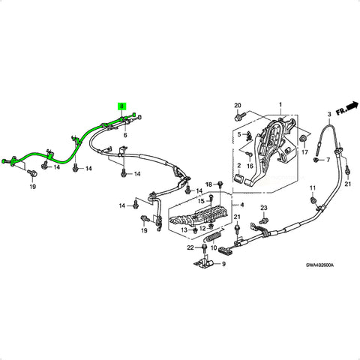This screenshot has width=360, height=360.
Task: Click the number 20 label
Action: point(237,104)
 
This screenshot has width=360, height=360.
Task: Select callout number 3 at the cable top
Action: point(328,113)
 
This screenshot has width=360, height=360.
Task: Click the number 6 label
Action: point(125,135)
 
